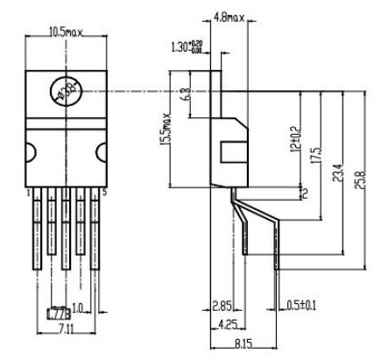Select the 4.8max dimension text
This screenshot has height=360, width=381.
(229, 16)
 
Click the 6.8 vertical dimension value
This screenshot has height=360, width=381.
(186, 92)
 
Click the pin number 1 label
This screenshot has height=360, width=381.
(29, 189)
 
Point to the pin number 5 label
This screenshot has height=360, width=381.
(106, 189)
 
